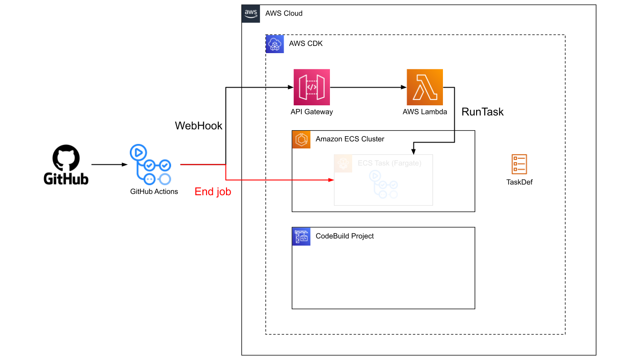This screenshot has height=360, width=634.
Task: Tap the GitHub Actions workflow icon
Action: [x=151, y=165]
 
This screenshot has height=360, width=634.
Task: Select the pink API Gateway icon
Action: [x=311, y=87]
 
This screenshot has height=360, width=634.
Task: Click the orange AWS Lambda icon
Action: [x=424, y=87]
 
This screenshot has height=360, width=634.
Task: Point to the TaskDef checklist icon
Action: [x=519, y=164]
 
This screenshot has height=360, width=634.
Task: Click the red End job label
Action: [x=213, y=192]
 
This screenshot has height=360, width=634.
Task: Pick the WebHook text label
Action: [x=199, y=126]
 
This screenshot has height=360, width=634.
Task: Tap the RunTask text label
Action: [x=482, y=112]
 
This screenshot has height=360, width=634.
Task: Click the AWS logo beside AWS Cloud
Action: [x=251, y=14]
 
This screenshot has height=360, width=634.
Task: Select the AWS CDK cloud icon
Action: [x=275, y=44]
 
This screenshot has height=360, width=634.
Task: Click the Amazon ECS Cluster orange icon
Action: [x=301, y=139]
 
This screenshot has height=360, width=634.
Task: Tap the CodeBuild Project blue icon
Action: [x=301, y=237]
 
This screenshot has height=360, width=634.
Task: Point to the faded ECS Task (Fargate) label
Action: [x=389, y=163]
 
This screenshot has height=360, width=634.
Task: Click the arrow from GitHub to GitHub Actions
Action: [x=109, y=165]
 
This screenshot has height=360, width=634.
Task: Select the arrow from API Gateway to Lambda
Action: [x=368, y=87]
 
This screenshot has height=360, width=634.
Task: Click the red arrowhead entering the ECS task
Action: [x=331, y=180]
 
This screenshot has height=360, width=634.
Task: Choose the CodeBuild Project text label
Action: [x=345, y=236]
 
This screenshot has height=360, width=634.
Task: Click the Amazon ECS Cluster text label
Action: [x=350, y=139]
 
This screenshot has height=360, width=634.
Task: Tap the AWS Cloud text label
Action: [x=284, y=14]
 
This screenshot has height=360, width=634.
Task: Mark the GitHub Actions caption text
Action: [x=154, y=192]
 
